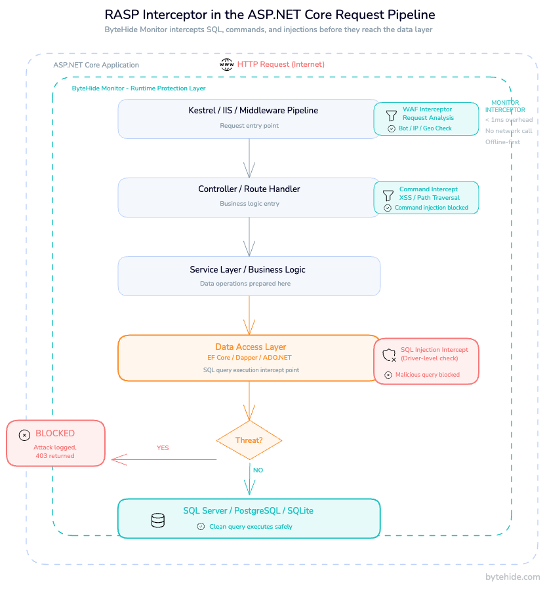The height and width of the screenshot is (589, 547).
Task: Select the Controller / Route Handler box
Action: pos(249,197)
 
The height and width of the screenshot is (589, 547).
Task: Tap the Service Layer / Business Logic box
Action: pos(249,275)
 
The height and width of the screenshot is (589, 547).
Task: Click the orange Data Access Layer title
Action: pos(251,347)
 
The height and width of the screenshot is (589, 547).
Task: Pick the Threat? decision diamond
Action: pos(249,440)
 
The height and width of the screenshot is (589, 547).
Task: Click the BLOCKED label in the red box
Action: pos(55,433)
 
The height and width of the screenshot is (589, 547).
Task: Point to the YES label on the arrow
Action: pos(163,448)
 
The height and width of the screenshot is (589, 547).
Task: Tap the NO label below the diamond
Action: pos(258,470)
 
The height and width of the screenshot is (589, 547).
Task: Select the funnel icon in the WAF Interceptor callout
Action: pos(391,115)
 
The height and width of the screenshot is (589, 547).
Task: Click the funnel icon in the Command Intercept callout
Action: pos(388,195)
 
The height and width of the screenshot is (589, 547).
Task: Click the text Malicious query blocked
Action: pos(428,375)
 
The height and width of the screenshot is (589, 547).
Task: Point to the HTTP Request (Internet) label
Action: pos(281,64)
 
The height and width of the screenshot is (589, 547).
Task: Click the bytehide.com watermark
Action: pos(512,577)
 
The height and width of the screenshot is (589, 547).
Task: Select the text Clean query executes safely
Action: pos(251,527)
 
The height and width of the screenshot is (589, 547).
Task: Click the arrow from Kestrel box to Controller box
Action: pos(249,157)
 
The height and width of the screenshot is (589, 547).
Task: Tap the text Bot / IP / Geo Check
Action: pos(425,128)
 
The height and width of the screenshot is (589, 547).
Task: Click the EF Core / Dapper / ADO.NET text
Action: pos(249,358)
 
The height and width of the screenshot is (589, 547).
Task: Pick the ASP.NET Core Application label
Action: pos(96,65)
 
